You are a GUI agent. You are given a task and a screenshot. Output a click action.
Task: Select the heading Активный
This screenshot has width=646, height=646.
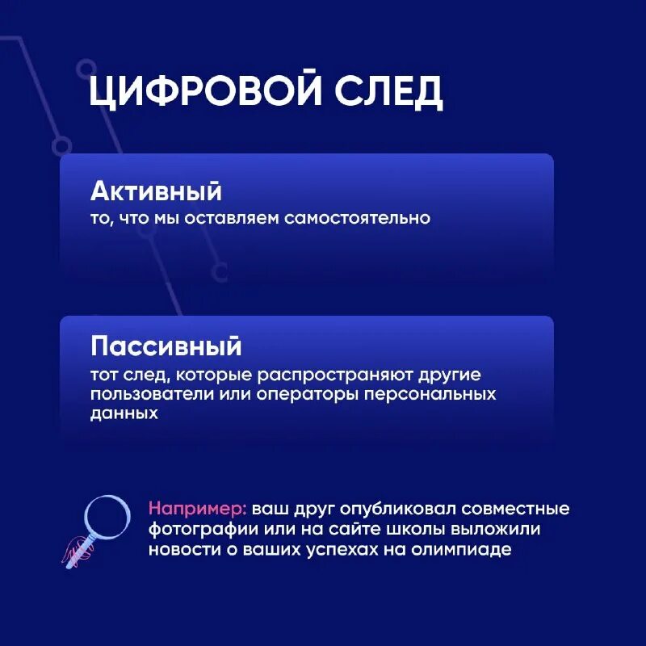pyautogui.click(x=156, y=192)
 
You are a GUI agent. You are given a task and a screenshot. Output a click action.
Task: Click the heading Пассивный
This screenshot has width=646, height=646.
pyautogui.click(x=166, y=346)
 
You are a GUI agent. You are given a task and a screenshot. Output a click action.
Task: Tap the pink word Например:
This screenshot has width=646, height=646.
pyautogui.click(x=198, y=510)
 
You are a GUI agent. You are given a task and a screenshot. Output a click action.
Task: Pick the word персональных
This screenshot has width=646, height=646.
pyautogui.click(x=430, y=396)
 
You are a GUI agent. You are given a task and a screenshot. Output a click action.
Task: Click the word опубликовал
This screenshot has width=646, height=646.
pyautogui.click(x=392, y=510)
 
